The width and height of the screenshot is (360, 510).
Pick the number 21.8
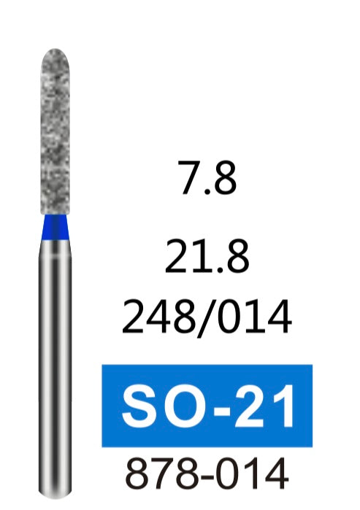click(207, 256)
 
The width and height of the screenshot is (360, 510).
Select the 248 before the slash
click(160, 317)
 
